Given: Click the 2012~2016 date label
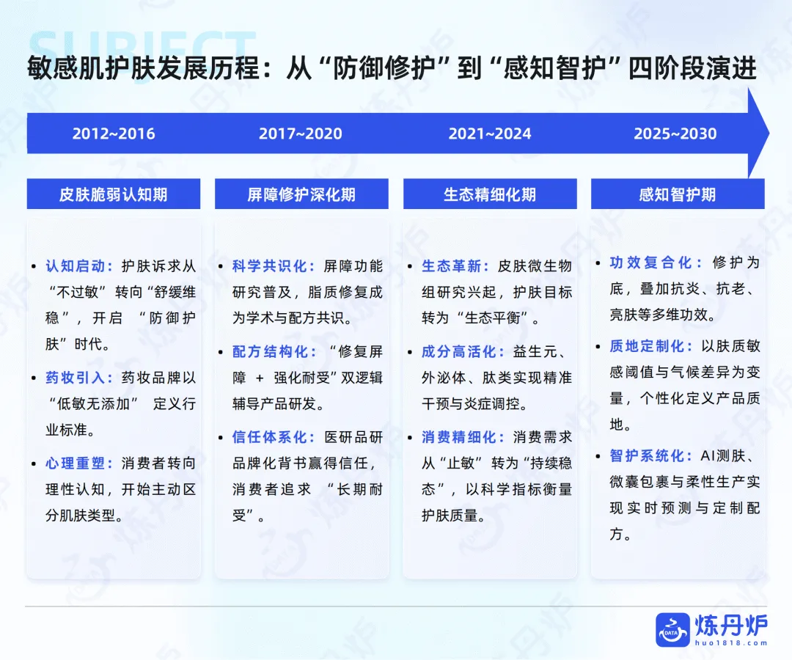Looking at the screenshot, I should click(x=114, y=134).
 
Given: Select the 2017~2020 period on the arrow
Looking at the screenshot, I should click(x=301, y=134).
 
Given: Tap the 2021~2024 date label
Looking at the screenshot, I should click(x=490, y=134).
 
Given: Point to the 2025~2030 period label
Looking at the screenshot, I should click(x=675, y=134).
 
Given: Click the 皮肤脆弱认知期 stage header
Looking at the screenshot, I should click(x=114, y=194).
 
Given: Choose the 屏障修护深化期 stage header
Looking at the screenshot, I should click(x=301, y=194).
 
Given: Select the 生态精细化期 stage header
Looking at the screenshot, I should click(x=490, y=194).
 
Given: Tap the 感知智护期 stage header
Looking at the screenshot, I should click(x=678, y=194).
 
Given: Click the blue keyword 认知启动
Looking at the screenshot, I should click(x=77, y=266).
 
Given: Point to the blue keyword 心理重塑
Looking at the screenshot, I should click(x=77, y=464).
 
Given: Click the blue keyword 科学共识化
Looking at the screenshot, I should click(x=271, y=266).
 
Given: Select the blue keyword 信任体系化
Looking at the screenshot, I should click(x=271, y=437).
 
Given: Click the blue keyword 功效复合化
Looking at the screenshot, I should click(x=656, y=263).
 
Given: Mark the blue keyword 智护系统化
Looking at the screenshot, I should click(x=648, y=455).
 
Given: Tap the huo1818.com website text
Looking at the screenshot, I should click(x=731, y=643).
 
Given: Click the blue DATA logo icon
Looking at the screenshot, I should click(x=672, y=630).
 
